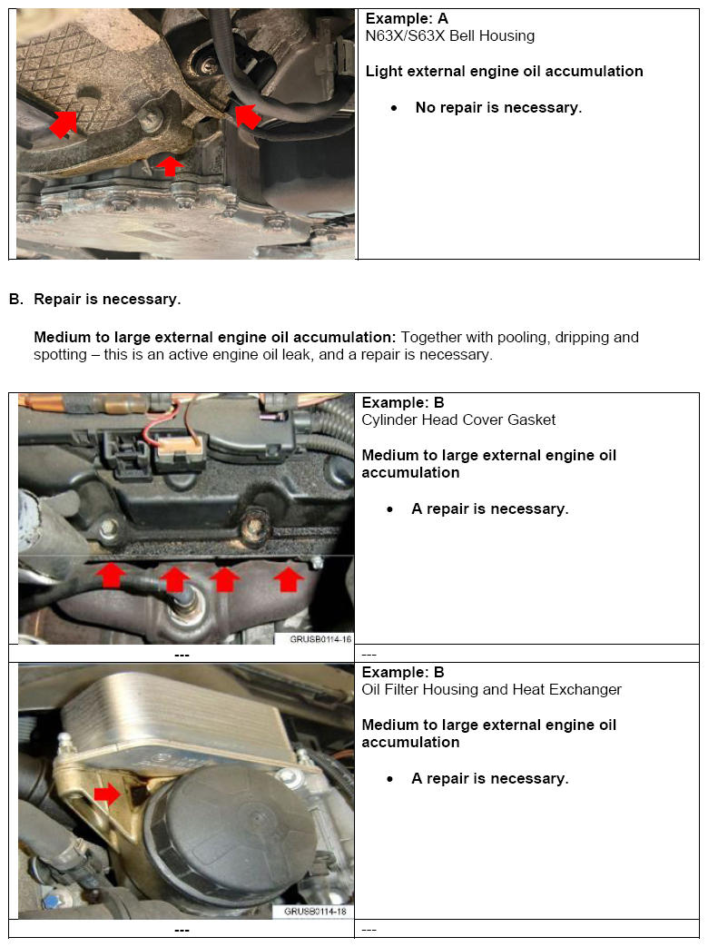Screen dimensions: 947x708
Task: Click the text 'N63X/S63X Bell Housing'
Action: (x=449, y=36)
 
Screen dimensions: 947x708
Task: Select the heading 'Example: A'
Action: (x=407, y=18)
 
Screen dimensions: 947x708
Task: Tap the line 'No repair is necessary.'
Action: (x=498, y=108)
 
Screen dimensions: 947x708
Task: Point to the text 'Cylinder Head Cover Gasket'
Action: (x=458, y=419)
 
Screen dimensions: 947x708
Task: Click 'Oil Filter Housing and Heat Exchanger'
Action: (x=491, y=689)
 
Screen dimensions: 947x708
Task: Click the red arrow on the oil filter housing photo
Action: (x=107, y=794)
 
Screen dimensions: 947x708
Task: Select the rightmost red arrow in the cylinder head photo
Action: (x=289, y=578)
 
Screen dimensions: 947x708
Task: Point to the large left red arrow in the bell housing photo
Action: (x=64, y=123)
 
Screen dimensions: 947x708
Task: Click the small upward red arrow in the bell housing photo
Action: (x=170, y=166)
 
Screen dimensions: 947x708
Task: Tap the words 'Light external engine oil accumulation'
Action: (x=504, y=72)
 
